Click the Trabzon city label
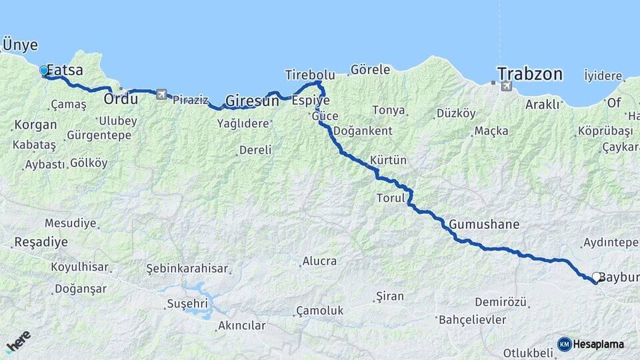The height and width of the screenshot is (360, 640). (x=530, y=74)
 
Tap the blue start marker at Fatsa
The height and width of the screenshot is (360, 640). (x=44, y=71)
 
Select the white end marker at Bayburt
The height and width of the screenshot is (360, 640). (x=597, y=277)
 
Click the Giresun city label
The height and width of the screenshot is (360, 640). (x=252, y=101)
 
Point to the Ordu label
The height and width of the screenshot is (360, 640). (x=121, y=99)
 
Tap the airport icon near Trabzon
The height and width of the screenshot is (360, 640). (x=506, y=86)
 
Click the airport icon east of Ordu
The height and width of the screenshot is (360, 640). (x=161, y=95)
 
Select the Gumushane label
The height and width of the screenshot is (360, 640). (x=483, y=224)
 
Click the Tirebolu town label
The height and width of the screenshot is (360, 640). (x=309, y=74)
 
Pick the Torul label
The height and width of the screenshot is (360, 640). (x=391, y=198)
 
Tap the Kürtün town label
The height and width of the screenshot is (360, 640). (x=388, y=161)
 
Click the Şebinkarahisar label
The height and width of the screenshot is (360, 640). (x=187, y=269)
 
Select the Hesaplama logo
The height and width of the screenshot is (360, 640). (x=591, y=344)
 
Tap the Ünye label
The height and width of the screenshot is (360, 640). (x=20, y=45)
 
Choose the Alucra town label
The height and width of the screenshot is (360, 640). (x=319, y=261)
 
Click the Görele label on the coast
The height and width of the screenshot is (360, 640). (x=370, y=69)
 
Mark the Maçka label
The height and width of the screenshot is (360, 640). (x=491, y=131)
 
